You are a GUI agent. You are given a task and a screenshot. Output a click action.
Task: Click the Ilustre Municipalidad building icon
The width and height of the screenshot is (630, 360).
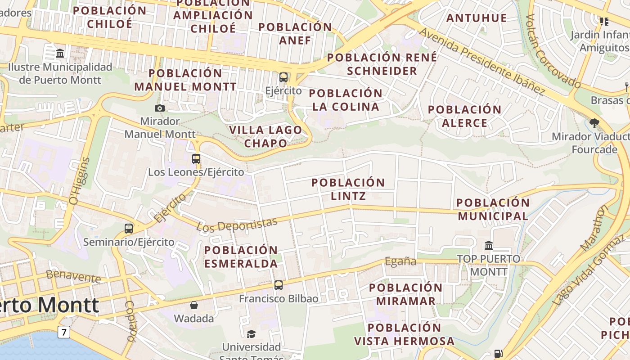click(60, 54)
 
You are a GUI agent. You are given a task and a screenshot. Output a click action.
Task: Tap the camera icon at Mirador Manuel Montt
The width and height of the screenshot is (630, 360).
click(159, 108)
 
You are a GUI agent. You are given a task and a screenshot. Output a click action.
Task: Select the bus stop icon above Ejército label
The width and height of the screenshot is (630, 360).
click(283, 77)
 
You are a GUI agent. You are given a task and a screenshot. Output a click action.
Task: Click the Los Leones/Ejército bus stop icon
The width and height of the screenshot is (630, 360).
click(196, 158)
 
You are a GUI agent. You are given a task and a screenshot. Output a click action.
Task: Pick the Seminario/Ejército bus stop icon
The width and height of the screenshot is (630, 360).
click(129, 228)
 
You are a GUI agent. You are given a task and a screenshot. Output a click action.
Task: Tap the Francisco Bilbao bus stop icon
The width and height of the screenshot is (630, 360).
click(279, 285)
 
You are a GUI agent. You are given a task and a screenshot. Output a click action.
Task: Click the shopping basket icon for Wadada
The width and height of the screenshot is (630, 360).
click(194, 305)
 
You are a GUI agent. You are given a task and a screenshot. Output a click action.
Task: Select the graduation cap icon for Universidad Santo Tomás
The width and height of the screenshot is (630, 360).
click(251, 334)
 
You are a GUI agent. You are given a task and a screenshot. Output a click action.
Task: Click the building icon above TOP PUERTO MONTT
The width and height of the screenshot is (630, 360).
click(489, 245)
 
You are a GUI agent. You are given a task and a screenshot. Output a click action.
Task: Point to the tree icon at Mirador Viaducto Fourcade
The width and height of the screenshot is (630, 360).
click(594, 123)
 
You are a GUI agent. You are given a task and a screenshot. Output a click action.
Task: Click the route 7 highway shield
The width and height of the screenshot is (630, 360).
click(64, 333)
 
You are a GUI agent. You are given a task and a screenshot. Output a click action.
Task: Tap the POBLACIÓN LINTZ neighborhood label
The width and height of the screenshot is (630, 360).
click(348, 189)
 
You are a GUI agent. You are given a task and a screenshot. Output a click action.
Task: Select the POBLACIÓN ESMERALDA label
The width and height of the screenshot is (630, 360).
click(241, 256)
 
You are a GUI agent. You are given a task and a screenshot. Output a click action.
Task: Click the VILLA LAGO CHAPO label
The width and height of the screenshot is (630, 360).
click(265, 136)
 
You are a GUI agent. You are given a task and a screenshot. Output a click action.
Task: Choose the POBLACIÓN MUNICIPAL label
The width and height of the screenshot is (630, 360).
click(493, 209)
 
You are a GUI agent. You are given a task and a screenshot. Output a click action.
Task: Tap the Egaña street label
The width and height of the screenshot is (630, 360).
click(400, 261)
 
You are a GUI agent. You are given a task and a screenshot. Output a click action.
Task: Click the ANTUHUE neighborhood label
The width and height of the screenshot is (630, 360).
click(477, 18)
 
